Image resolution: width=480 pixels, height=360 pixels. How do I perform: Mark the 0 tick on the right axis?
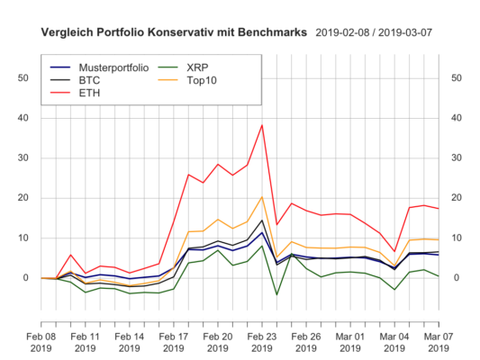[x=457, y=278]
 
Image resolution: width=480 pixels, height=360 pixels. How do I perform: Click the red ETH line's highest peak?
[x=262, y=125]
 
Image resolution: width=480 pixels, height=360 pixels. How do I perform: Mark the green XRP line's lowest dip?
[x=276, y=294]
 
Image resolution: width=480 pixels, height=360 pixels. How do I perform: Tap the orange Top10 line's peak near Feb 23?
[x=262, y=197]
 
